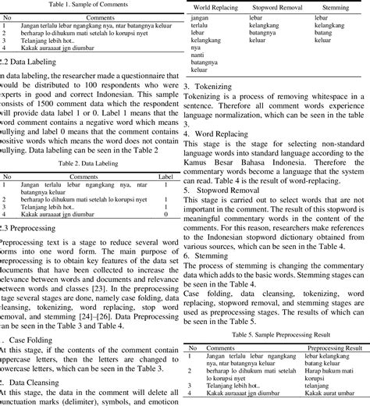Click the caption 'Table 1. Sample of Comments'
coord(88,4)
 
